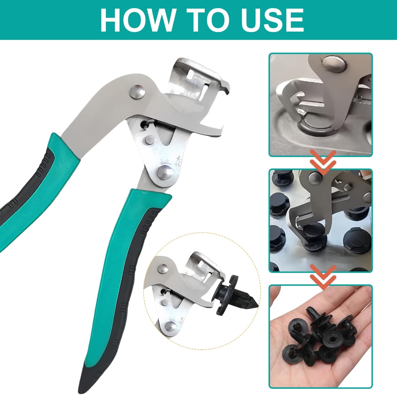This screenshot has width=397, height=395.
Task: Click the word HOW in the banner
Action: point(137,20)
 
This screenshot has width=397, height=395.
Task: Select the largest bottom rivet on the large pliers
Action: point(165,172)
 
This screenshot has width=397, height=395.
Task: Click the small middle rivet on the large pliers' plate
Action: point(150,139)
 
